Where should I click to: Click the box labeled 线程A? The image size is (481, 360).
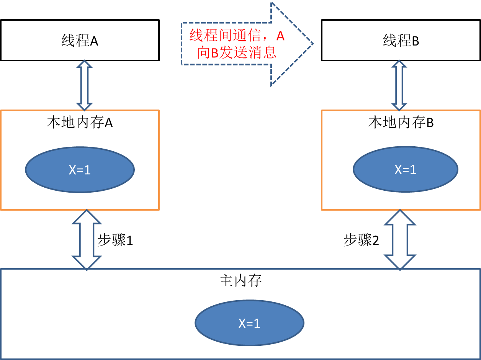tap(80, 40)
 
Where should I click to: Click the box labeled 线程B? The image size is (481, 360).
tap(401, 40)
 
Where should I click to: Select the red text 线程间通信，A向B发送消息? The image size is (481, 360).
tap(237, 44)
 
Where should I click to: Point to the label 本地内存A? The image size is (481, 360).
tap(80, 123)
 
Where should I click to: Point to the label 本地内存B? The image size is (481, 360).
tap(401, 123)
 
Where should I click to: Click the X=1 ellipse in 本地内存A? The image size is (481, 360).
tap(80, 170)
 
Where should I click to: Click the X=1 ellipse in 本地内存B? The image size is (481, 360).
tap(405, 169)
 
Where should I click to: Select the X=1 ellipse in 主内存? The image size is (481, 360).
tap(249, 323)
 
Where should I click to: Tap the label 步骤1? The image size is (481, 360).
tap(115, 240)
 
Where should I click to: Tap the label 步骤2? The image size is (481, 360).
tap(361, 240)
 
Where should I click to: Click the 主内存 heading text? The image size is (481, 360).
tap(240, 281)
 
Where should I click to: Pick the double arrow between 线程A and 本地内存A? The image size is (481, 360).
tap(85, 85)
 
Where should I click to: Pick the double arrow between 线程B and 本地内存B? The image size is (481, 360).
tap(399, 85)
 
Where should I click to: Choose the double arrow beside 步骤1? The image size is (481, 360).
tap(87, 240)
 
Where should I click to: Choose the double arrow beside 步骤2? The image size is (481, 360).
tap(400, 240)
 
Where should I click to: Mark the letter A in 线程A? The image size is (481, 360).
tap(94, 41)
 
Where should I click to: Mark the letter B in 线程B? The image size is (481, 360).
tap(415, 41)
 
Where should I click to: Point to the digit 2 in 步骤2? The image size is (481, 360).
tap(375, 241)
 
